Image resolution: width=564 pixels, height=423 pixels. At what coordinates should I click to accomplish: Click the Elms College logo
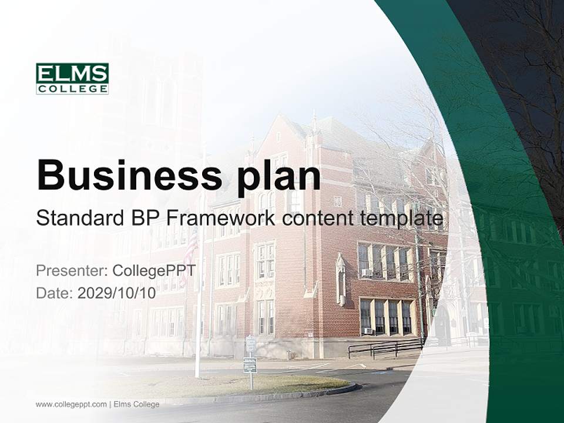pyautogui.click(x=72, y=79)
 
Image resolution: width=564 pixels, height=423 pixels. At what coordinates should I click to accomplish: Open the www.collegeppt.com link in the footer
pyautogui.click(x=71, y=404)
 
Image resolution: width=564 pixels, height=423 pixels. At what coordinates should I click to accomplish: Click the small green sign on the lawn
pyautogui.click(x=250, y=364)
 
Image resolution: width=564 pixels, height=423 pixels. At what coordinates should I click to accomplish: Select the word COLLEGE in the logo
pyautogui.click(x=72, y=89)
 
